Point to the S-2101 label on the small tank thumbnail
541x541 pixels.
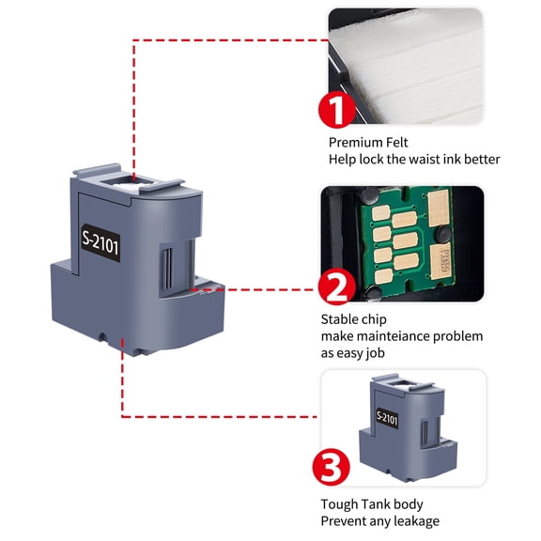click(390, 416)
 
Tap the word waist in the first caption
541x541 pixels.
click(428, 160)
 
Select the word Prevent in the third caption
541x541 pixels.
click(345, 521)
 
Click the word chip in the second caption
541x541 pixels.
click(377, 319)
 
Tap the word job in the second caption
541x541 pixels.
click(381, 353)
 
